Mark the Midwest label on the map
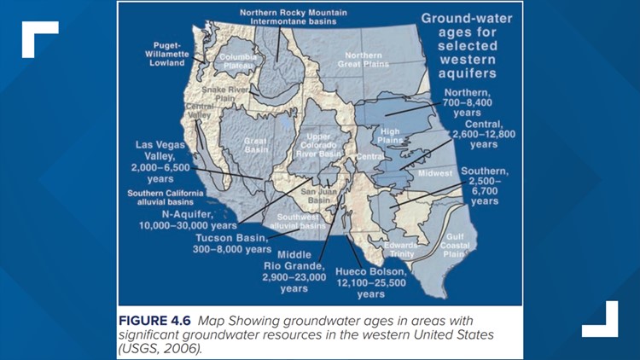click(433, 174)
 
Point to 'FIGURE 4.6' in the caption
click(155, 320)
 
